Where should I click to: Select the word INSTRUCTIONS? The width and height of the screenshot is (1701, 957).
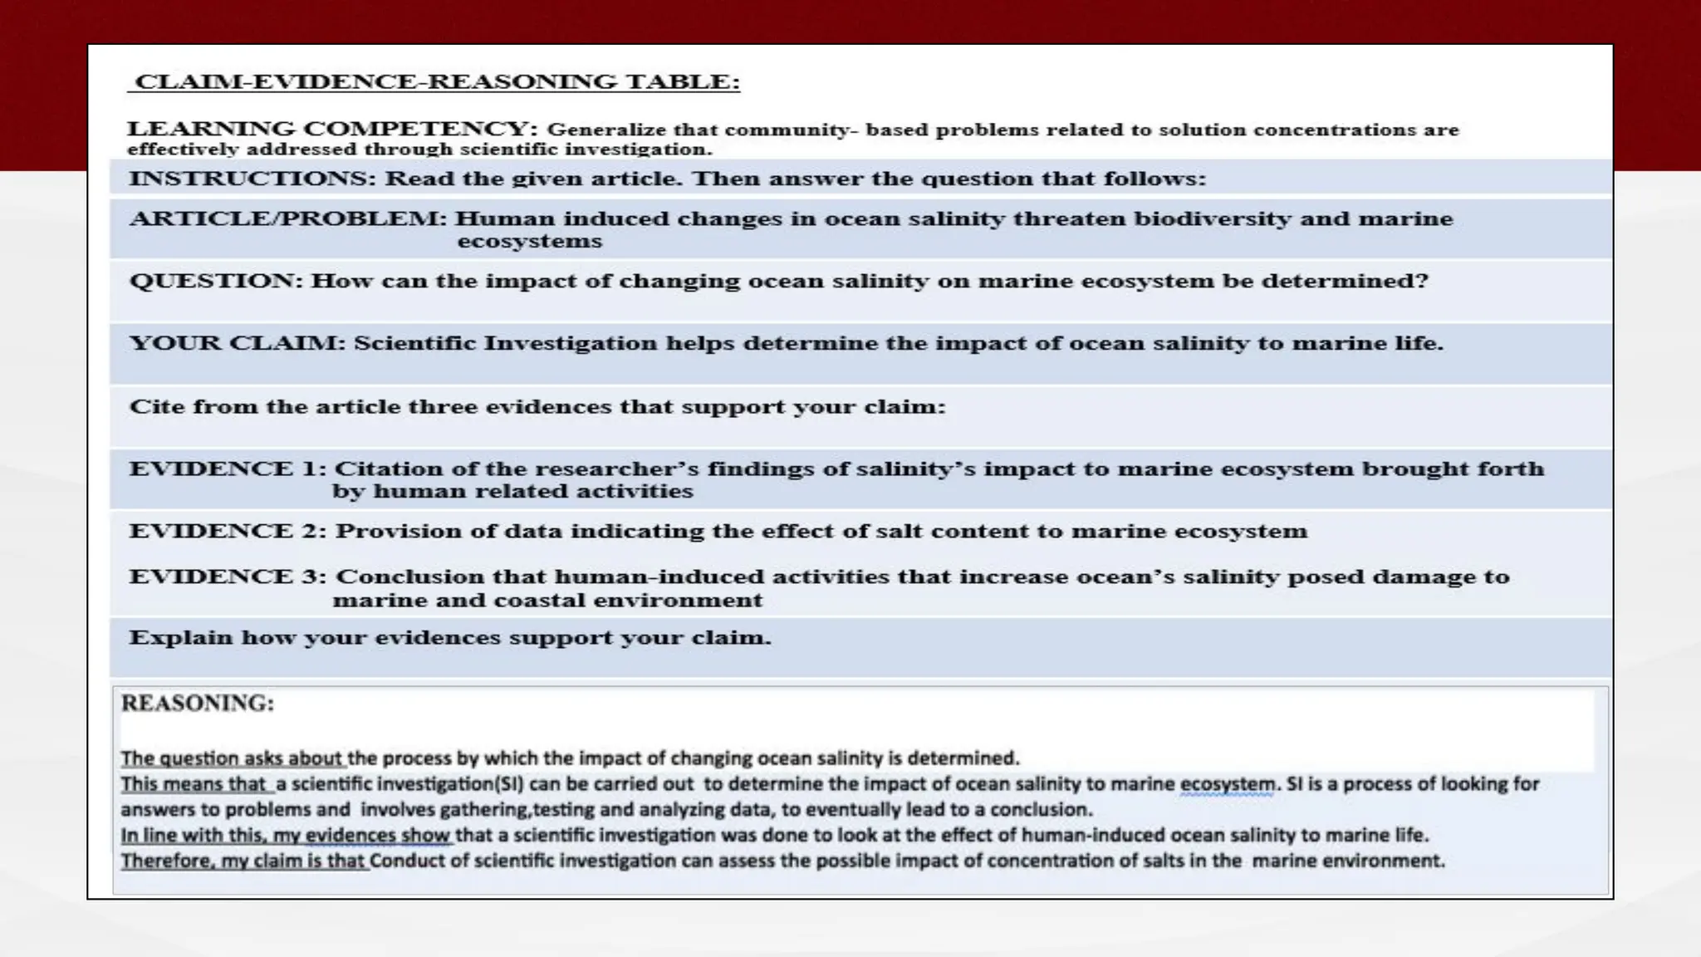(252, 179)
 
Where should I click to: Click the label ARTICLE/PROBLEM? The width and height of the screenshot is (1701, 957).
(287, 219)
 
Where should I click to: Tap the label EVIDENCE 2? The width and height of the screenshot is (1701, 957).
(228, 532)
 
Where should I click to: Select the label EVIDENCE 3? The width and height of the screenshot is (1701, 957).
(228, 577)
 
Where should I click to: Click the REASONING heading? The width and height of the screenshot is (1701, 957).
(198, 704)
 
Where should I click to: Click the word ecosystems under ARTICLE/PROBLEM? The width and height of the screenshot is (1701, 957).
(530, 242)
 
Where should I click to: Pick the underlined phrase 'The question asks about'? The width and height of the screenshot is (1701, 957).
(232, 758)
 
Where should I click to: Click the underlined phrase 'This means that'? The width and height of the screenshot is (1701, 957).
(194, 784)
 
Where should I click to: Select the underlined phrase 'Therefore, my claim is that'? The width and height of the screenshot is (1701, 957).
(243, 861)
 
